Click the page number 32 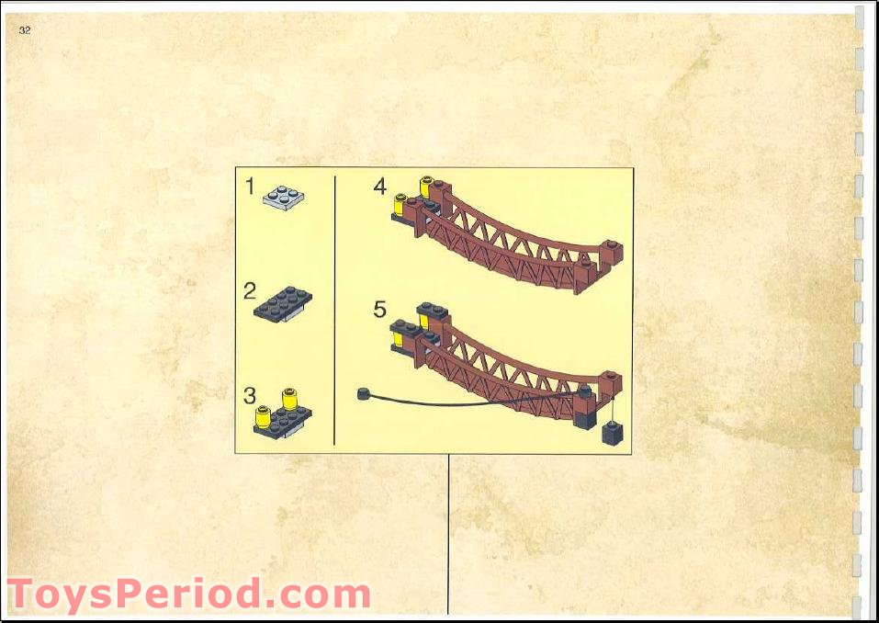[25, 30]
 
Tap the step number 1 [250, 187]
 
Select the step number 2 [250, 291]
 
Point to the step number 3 [250, 396]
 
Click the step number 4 [380, 187]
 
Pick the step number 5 [380, 309]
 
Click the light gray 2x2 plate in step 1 [284, 198]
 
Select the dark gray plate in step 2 [283, 303]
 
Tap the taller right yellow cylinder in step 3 [290, 400]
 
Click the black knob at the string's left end [364, 393]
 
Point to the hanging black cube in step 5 [612, 433]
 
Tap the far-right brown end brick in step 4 [612, 253]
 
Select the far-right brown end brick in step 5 [610, 383]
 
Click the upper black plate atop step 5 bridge [433, 311]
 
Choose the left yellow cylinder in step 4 [400, 205]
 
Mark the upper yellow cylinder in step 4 [426, 187]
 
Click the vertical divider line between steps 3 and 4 [334, 311]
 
